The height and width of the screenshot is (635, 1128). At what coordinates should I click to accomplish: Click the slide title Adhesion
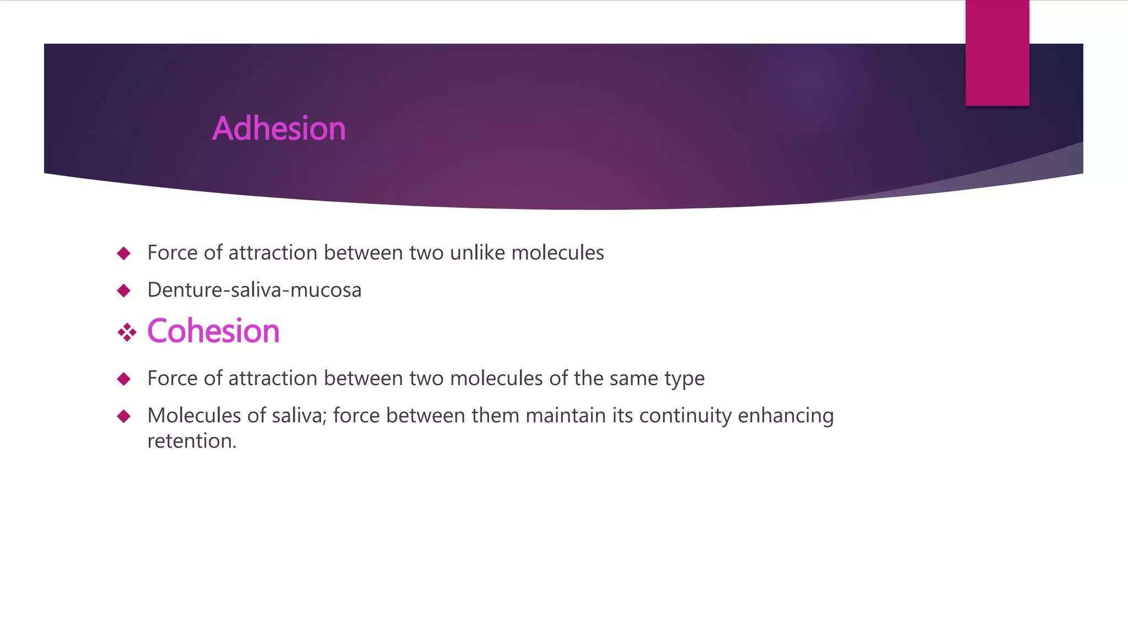[x=279, y=128]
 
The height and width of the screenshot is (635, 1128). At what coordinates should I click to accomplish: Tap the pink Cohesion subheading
[x=213, y=331]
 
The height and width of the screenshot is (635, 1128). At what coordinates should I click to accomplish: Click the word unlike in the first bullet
[x=477, y=252]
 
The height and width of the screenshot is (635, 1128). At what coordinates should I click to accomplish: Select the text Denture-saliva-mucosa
[x=254, y=290]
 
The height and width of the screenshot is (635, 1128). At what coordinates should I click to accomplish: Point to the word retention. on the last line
[x=192, y=441]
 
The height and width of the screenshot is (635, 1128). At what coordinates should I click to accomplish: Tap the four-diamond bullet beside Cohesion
[x=127, y=332]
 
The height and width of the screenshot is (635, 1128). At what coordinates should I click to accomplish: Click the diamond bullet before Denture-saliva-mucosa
[x=124, y=290]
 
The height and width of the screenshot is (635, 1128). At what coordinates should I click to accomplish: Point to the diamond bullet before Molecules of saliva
[x=124, y=416]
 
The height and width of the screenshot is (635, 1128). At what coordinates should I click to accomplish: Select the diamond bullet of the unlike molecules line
[x=124, y=254]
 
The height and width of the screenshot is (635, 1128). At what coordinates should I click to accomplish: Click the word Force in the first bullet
[x=172, y=252]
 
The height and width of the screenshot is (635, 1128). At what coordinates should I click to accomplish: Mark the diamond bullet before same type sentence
[x=124, y=379]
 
